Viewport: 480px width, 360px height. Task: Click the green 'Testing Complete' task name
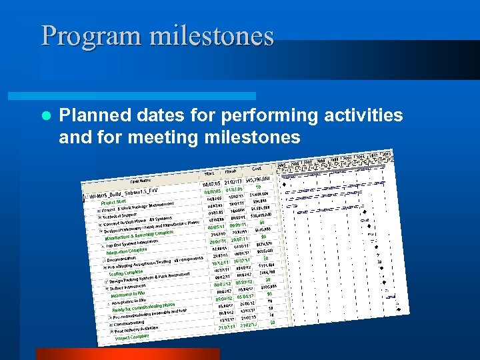coord(126,272)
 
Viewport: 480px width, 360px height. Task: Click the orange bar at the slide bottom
coord(127,354)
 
